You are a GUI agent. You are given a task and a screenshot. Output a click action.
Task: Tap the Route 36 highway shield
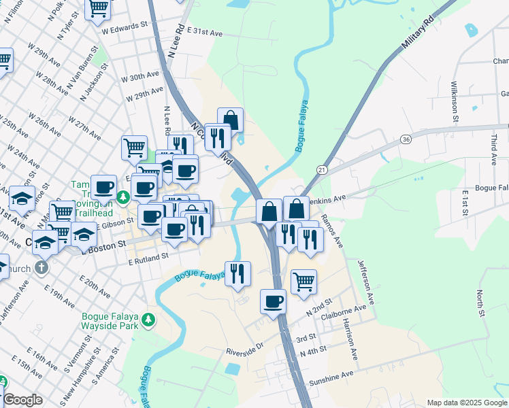click(406, 139)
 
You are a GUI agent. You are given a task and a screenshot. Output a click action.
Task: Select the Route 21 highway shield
click(322, 169)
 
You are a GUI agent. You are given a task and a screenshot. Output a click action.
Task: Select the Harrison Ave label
click(350, 339)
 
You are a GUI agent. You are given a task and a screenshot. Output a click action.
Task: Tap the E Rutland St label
click(148, 259)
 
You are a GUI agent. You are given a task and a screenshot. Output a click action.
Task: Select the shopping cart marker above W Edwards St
click(99, 7)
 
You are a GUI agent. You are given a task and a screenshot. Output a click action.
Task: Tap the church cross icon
click(42, 267)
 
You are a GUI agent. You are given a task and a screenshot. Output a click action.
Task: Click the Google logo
click(22, 400)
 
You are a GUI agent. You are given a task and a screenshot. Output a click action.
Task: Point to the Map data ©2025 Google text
click(466, 403)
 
